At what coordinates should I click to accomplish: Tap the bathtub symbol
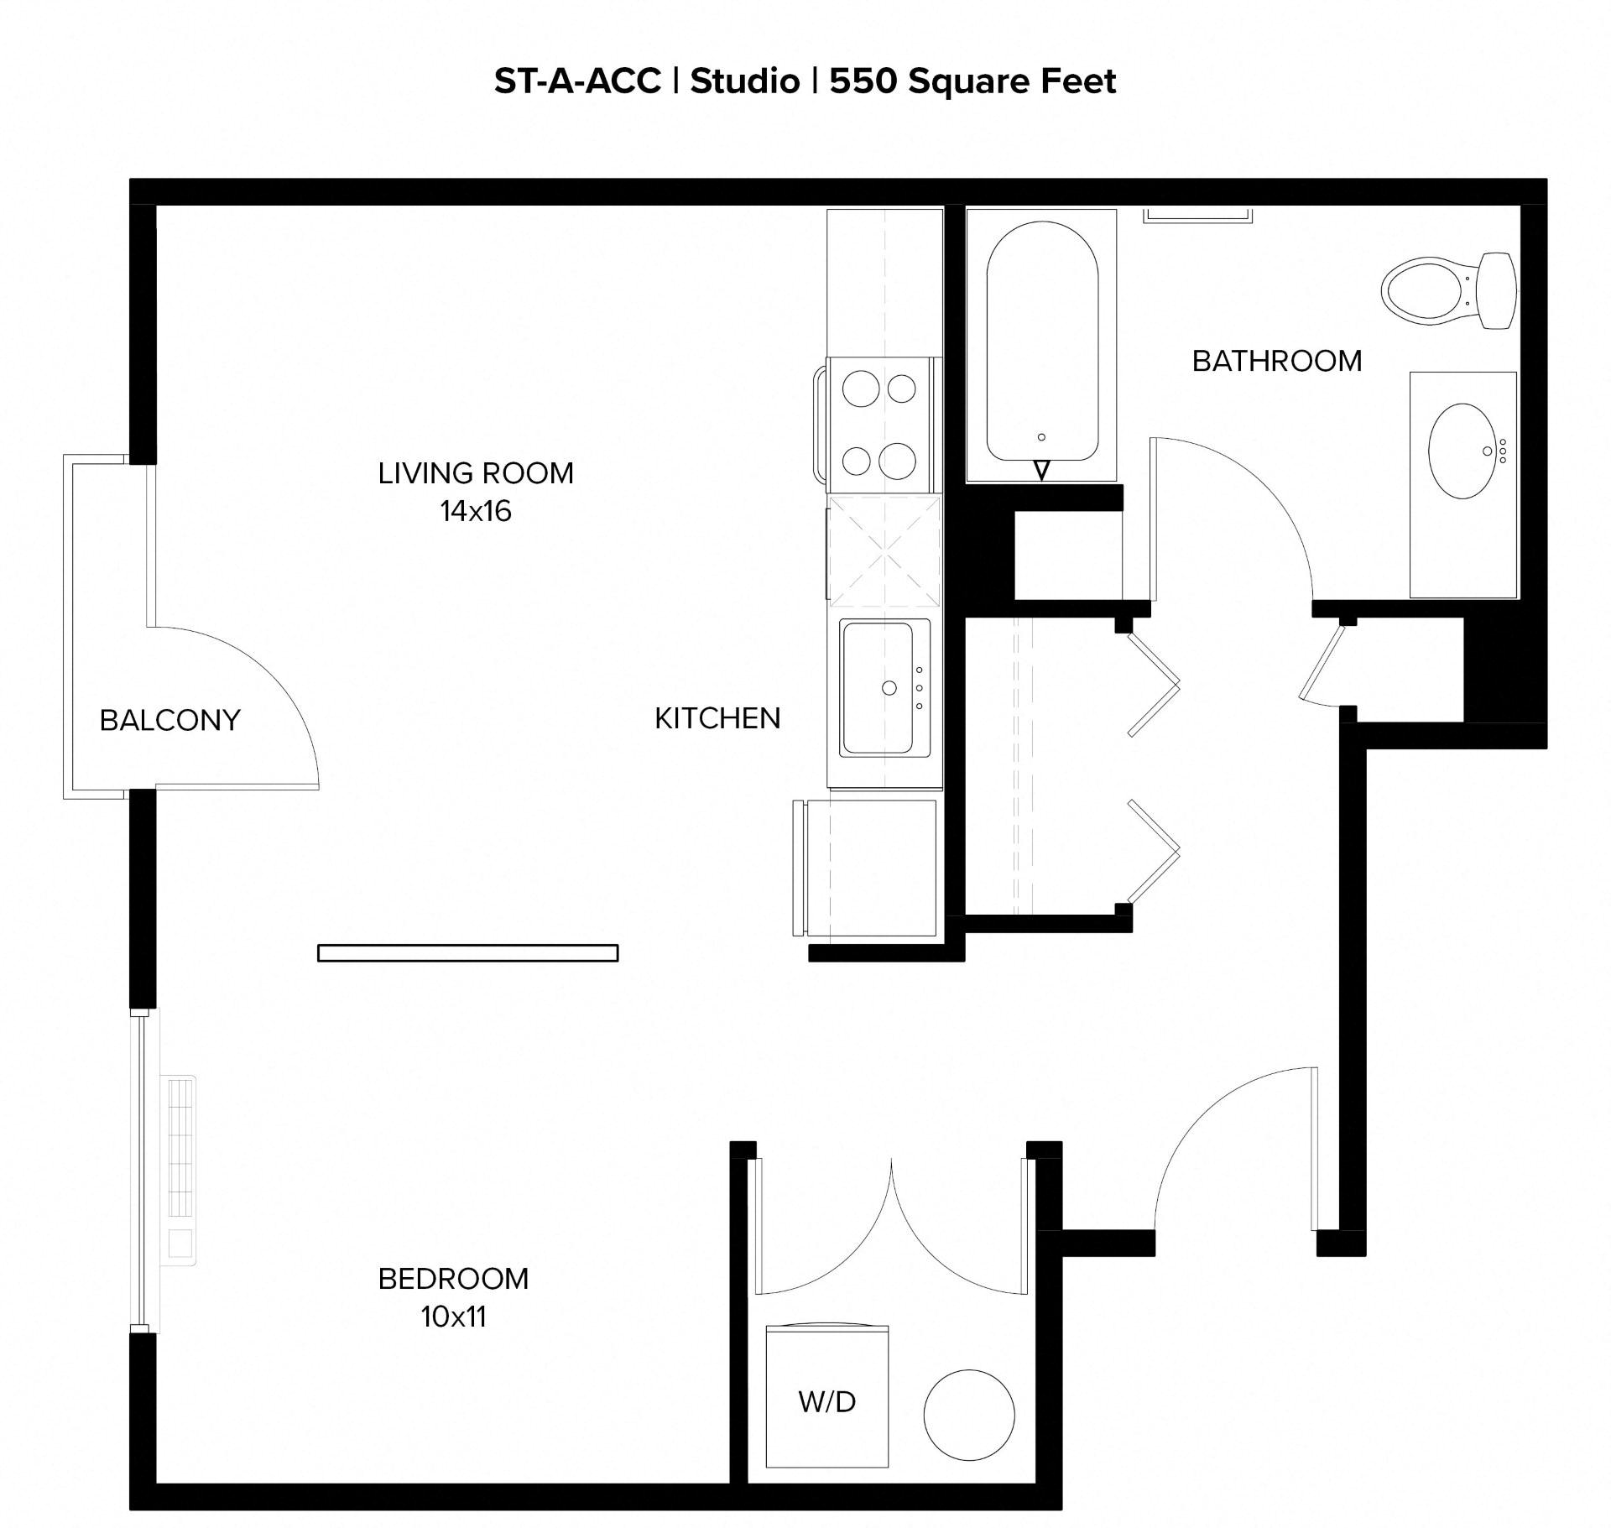tap(1041, 344)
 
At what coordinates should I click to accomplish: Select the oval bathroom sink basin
tap(1463, 451)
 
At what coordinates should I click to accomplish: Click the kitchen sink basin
tap(877, 688)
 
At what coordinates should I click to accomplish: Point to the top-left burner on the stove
tap(860, 389)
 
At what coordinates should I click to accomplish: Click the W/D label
tap(826, 1401)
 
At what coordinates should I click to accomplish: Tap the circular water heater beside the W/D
tap(969, 1415)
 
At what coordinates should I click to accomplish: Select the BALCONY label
tap(169, 720)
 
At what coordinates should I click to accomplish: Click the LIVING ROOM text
tap(476, 473)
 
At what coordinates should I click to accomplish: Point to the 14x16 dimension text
tap(476, 511)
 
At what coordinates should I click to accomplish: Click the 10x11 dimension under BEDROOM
tap(453, 1317)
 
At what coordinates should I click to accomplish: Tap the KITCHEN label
tap(717, 718)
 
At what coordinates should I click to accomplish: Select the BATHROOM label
tap(1276, 361)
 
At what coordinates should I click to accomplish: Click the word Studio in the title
tap(745, 81)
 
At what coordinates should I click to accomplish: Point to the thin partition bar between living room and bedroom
tap(467, 952)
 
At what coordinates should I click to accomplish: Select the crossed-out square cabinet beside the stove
tap(884, 551)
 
